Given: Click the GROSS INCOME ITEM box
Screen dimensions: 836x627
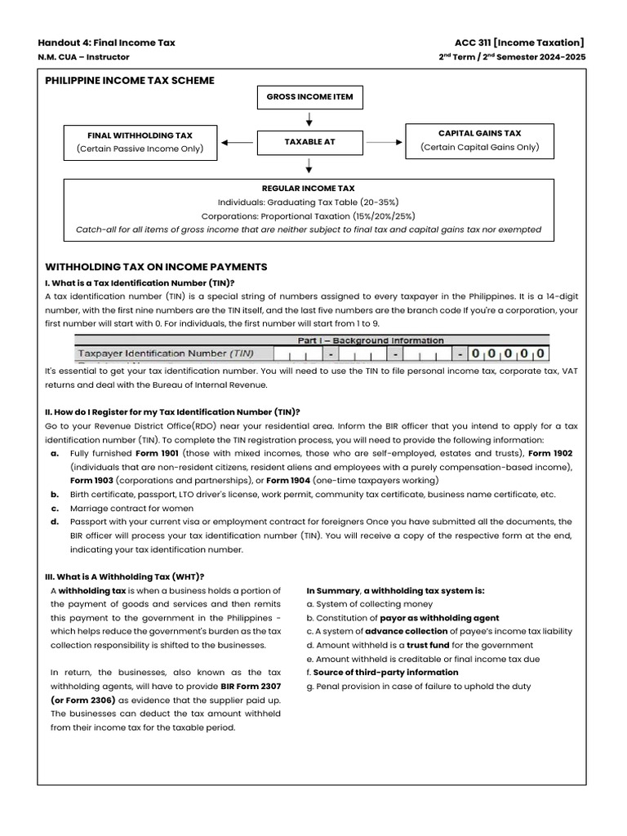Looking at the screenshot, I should pyautogui.click(x=309, y=97).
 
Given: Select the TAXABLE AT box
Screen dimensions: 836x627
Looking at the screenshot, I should pyautogui.click(x=309, y=142).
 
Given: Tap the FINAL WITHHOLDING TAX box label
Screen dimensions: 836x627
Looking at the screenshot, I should pyautogui.click(x=140, y=135).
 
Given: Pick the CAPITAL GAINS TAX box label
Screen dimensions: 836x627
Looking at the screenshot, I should pyautogui.click(x=479, y=133).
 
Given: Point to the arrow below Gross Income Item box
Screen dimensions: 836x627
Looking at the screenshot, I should pyautogui.click(x=309, y=119).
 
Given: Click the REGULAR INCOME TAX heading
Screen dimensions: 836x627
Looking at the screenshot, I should pyautogui.click(x=309, y=188).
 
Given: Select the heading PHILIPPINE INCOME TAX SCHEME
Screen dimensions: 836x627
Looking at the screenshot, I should pyautogui.click(x=130, y=80).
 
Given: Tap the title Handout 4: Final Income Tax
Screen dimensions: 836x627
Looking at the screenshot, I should pyautogui.click(x=106, y=42).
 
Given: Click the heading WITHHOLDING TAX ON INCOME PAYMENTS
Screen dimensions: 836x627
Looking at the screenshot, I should pyautogui.click(x=155, y=267).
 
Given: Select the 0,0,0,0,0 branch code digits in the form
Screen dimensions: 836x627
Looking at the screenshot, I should pyautogui.click(x=506, y=354).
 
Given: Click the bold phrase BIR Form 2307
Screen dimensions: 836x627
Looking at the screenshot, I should pyautogui.click(x=250, y=687).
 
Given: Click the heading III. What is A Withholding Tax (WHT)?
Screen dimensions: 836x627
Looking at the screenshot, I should pyautogui.click(x=124, y=576).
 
